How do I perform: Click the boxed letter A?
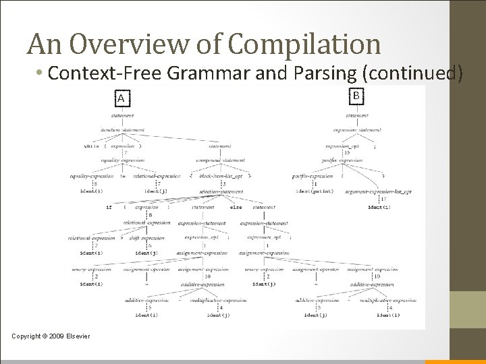point(121,99)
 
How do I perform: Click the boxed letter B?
point(356,96)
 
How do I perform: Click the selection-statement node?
point(221,192)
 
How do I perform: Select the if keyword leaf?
point(109,207)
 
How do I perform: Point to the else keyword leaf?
point(236,207)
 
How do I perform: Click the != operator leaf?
point(123,176)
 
